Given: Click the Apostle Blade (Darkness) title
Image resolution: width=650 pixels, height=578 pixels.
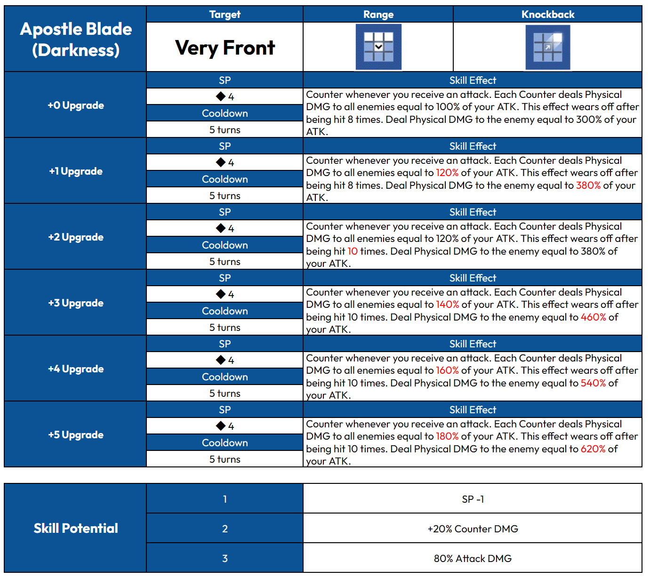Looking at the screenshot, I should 76,40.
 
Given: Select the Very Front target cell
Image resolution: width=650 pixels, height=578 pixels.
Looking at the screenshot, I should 225,48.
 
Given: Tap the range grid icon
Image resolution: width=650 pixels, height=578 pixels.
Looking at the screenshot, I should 378,47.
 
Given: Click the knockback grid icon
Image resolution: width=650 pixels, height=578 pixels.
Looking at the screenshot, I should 547,47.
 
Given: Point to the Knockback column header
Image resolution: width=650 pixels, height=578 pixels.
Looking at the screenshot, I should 547,15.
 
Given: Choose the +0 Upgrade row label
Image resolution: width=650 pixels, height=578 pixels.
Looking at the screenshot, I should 76,105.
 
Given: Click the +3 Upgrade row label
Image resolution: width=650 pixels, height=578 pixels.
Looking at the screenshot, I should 76,303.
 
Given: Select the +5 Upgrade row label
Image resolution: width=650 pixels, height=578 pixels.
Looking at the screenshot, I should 76,435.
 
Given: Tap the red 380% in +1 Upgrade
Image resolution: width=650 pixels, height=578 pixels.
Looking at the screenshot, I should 588,185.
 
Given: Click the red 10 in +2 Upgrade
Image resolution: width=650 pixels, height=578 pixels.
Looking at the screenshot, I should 353,251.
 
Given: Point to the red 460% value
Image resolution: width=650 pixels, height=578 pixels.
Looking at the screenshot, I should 593,317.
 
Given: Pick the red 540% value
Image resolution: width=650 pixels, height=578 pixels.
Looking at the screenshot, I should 593,383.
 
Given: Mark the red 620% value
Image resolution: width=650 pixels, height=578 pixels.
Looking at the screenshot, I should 593,449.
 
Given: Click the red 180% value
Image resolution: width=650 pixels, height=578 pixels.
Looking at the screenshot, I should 447,436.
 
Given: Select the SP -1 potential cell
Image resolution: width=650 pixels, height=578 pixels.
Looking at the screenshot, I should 473,499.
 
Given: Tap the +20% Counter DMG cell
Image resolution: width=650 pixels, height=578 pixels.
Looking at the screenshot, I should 473,529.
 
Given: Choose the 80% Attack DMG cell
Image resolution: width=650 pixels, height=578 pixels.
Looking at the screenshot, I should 473,559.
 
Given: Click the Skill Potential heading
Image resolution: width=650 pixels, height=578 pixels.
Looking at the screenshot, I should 76,528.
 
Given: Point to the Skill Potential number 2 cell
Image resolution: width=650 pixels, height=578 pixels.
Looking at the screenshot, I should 225,529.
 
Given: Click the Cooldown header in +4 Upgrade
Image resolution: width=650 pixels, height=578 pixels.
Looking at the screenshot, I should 225,377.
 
